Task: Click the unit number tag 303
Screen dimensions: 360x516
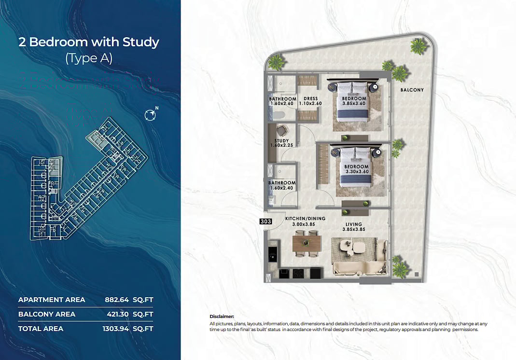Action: tap(266, 222)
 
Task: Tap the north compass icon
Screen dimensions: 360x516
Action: tap(151, 115)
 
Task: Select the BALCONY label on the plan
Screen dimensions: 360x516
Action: tap(412, 90)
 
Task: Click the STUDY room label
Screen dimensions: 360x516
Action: tap(278, 141)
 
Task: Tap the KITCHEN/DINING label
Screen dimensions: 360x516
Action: tap(305, 219)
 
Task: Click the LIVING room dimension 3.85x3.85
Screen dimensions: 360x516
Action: tap(353, 229)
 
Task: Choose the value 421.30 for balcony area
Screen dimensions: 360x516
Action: tap(118, 314)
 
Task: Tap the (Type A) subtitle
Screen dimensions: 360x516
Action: tap(89, 58)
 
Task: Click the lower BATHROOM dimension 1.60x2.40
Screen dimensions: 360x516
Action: tap(282, 188)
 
